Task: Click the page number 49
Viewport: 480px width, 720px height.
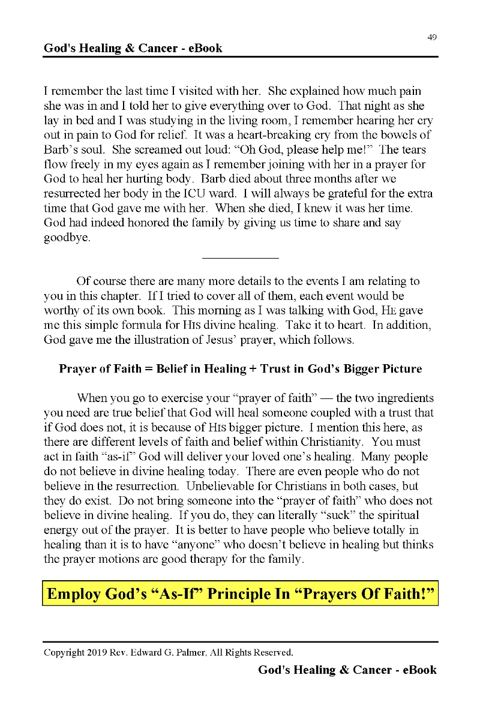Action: pyautogui.click(x=432, y=37)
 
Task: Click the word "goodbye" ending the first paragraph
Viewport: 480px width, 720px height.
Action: pyautogui.click(x=67, y=237)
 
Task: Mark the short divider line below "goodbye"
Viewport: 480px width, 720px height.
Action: pyautogui.click(x=241, y=258)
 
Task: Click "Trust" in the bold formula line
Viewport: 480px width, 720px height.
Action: pyautogui.click(x=278, y=369)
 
